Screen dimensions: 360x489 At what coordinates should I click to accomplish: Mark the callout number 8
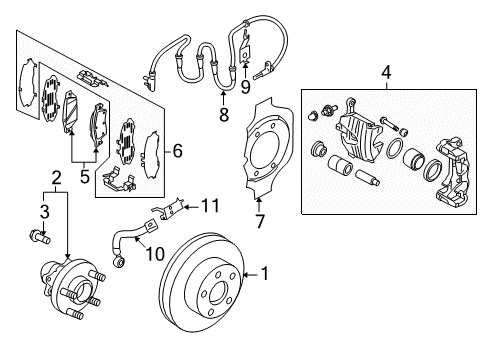pyautogui.click(x=223, y=114)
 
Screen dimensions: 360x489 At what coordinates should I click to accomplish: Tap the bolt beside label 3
pyautogui.click(x=42, y=238)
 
